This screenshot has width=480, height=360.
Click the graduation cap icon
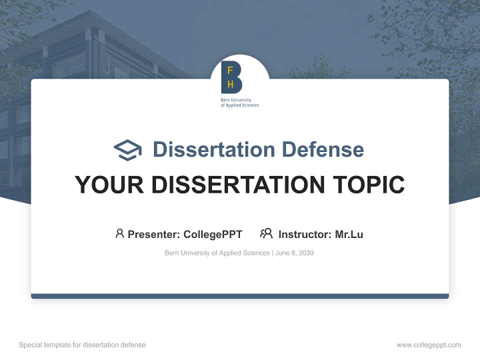[127, 150]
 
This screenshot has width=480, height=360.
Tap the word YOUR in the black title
[109, 185]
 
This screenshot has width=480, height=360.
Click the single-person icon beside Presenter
[119, 233]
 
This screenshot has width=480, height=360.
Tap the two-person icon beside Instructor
[266, 233]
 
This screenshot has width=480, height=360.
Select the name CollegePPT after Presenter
[213, 234]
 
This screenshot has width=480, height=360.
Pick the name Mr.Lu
[349, 234]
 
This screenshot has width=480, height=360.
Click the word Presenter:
[154, 234]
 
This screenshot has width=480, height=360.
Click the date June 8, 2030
[294, 253]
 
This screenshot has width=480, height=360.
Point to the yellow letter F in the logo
[230, 71]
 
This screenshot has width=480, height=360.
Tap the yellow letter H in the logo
[230, 84]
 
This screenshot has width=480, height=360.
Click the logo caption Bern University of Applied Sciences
[240, 103]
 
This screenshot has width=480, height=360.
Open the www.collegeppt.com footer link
[428, 345]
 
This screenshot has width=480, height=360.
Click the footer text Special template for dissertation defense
[82, 345]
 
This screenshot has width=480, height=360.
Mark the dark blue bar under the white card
[240, 296]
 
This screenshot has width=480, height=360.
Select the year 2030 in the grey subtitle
[305, 253]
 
